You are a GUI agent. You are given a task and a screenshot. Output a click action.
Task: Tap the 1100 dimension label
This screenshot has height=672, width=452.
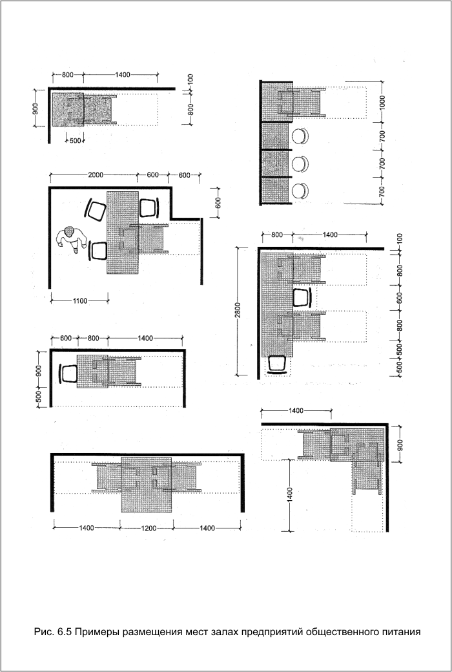79,301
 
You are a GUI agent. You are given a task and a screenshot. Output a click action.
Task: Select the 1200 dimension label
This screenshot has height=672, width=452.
149,529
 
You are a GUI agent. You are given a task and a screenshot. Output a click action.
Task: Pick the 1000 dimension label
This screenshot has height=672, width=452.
383,103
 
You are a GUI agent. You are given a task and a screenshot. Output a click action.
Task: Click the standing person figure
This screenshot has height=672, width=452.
71,239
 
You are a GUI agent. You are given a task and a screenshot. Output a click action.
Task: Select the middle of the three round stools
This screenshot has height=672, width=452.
300,163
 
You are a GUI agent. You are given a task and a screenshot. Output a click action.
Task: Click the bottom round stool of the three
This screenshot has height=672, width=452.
300,191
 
